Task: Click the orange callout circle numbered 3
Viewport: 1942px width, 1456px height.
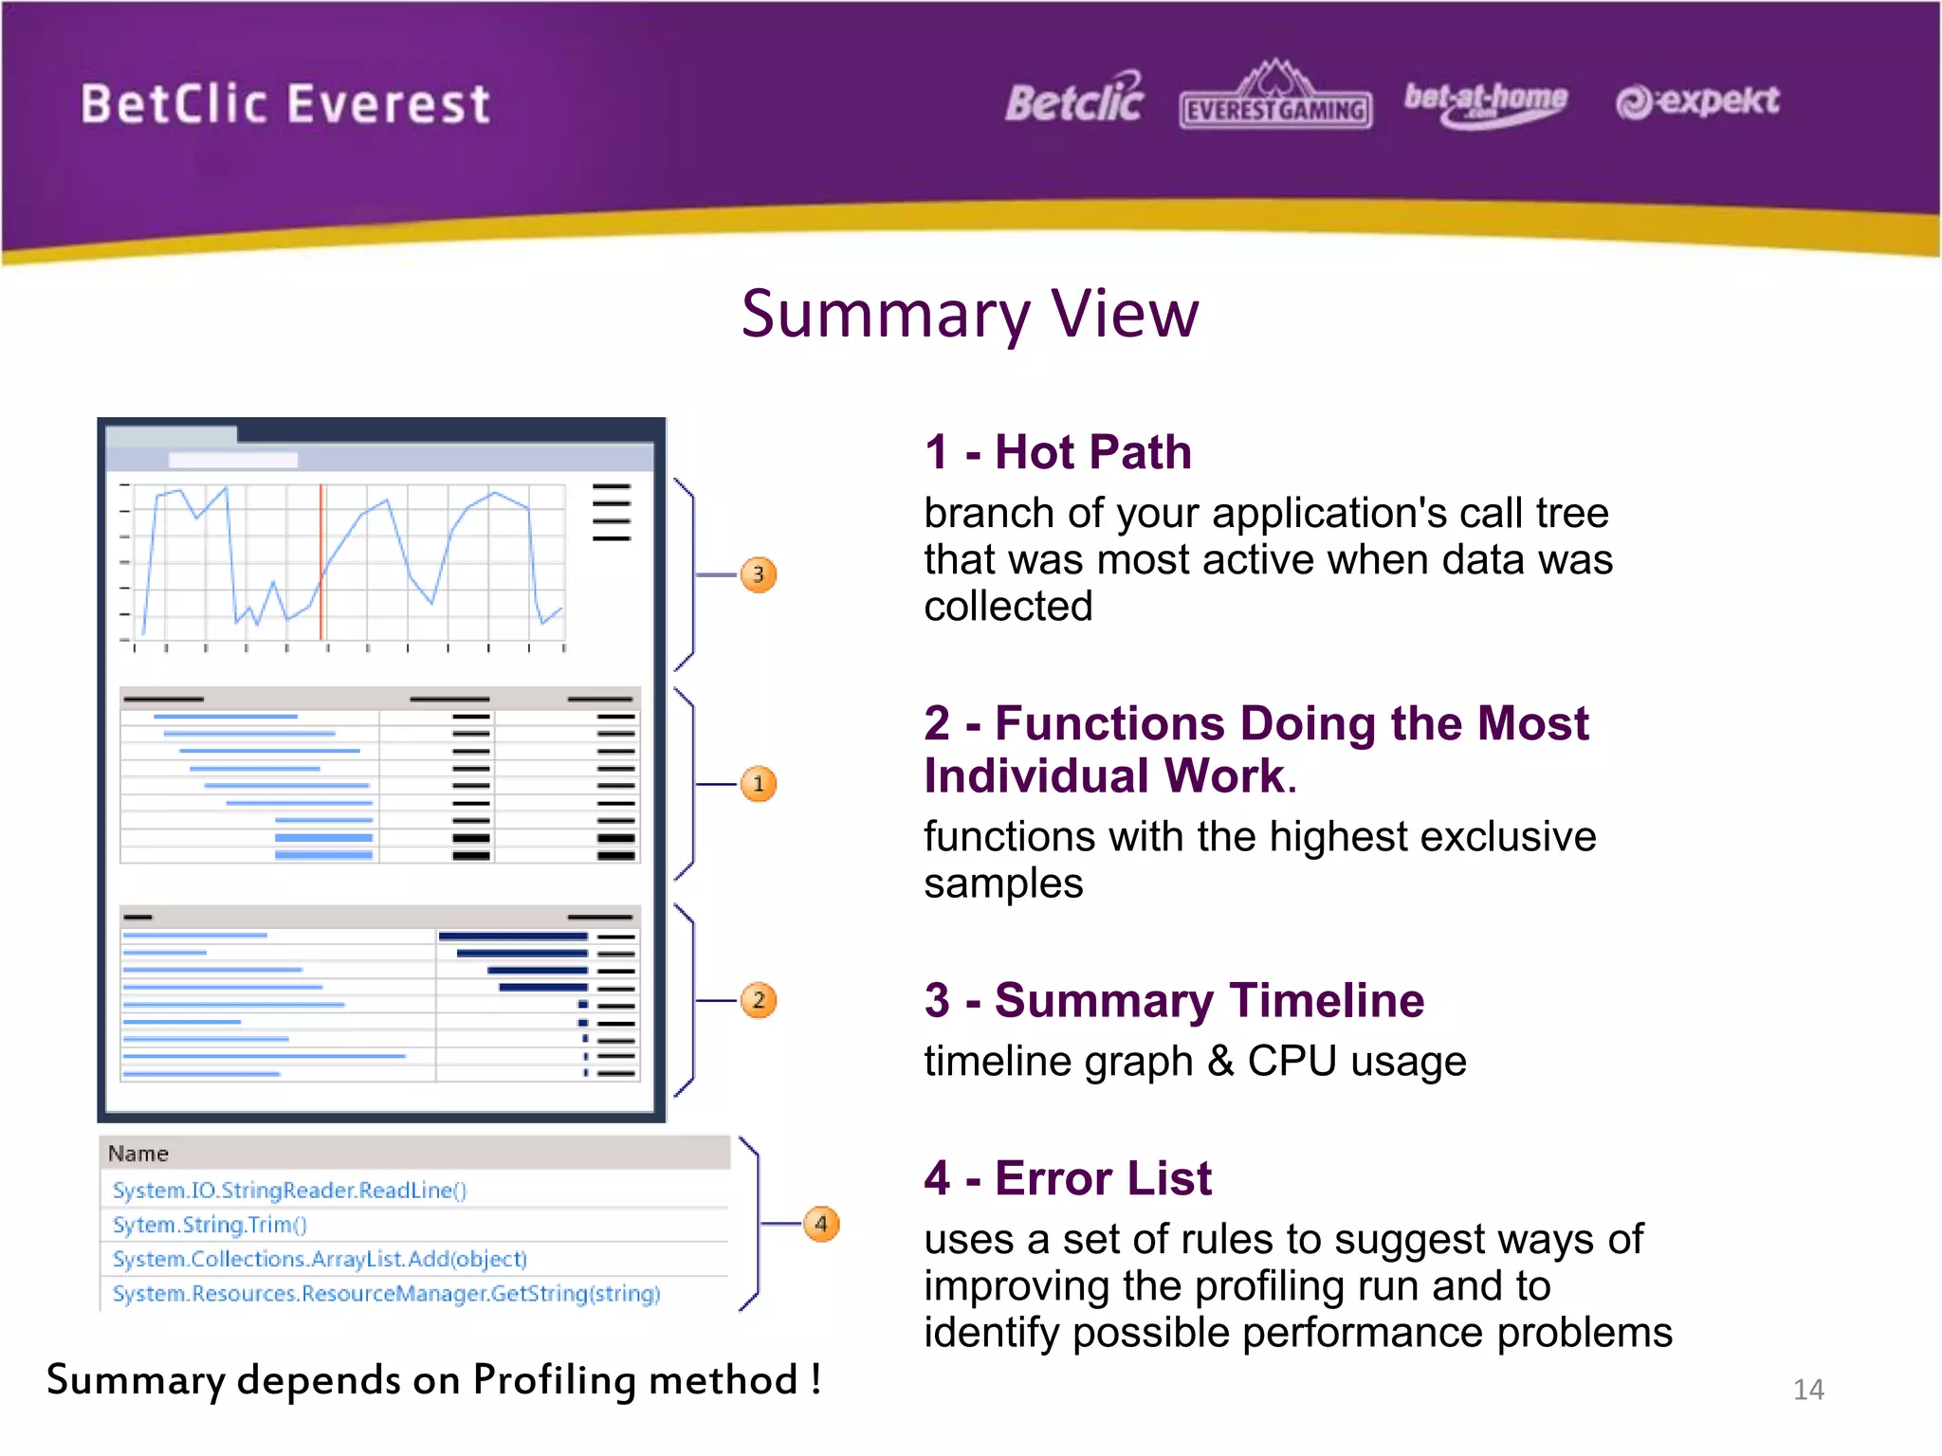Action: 758,574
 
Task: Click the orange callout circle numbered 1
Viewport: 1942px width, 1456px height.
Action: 758,784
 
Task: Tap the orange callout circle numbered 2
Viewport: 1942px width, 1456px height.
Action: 758,1000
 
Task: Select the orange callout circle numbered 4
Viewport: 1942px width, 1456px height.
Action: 821,1224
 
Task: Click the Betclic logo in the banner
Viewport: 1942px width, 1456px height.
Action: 1074,100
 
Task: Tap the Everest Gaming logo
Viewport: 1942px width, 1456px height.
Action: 1275,97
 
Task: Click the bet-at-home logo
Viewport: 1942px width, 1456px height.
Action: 1485,101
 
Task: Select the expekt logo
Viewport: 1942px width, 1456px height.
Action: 1697,100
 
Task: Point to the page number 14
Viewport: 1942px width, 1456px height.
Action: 1808,1390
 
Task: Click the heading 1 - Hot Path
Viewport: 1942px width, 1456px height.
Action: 1057,452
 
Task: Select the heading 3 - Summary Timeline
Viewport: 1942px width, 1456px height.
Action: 1174,1001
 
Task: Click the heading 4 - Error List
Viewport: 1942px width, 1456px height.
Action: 1068,1178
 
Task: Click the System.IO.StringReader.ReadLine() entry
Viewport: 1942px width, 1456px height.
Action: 289,1191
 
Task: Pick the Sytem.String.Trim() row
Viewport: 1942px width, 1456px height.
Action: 210,1225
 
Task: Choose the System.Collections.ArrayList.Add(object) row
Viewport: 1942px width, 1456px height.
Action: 320,1259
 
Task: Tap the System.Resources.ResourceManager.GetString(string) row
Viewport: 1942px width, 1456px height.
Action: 386,1294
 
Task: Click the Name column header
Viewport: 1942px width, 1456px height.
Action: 138,1154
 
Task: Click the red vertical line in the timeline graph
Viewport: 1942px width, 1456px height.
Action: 321,559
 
